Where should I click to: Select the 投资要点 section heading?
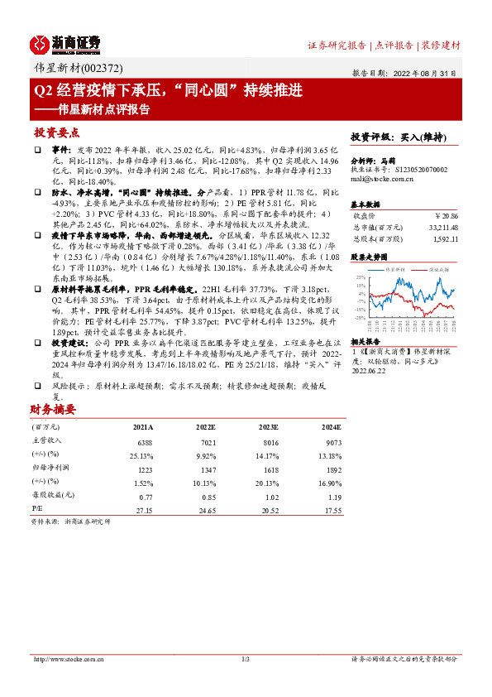tap(56, 132)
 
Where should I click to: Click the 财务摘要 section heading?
tap(53, 409)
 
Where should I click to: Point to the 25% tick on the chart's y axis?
tap(361, 278)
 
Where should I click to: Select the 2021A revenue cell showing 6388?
tap(143, 441)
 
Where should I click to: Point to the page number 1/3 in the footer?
tap(246, 659)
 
